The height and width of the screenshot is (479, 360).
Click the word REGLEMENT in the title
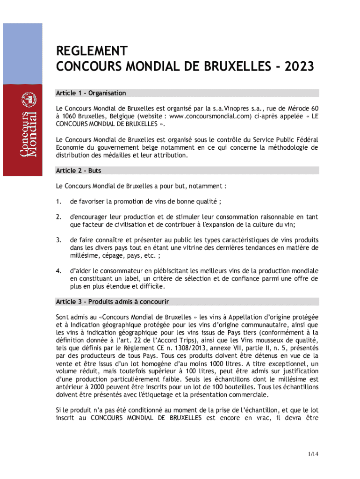click(92, 51)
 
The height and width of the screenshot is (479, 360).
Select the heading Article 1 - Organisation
click(91, 93)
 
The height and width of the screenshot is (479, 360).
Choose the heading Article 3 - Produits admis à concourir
click(112, 301)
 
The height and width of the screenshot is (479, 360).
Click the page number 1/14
click(313, 454)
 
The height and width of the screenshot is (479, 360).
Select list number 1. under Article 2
click(58, 202)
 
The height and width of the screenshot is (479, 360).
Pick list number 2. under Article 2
click(58, 217)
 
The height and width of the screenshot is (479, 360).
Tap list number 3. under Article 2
click(58, 240)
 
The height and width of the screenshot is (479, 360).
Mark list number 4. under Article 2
click(58, 271)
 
